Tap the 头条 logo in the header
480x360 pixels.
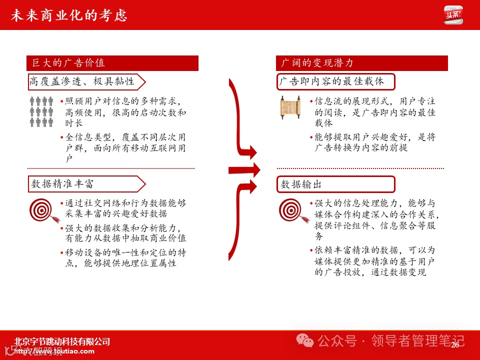pyautogui.click(x=453, y=15)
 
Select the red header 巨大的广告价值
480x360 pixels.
pyautogui.click(x=112, y=63)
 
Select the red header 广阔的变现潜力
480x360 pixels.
pyautogui.click(x=361, y=63)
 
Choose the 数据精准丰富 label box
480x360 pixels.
pyautogui.click(x=85, y=184)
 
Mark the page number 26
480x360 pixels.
pyautogui.click(x=455, y=345)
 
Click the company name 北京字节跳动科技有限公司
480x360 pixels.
pyautogui.click(x=62, y=342)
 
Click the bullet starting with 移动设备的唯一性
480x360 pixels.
pyautogui.click(x=123, y=258)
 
